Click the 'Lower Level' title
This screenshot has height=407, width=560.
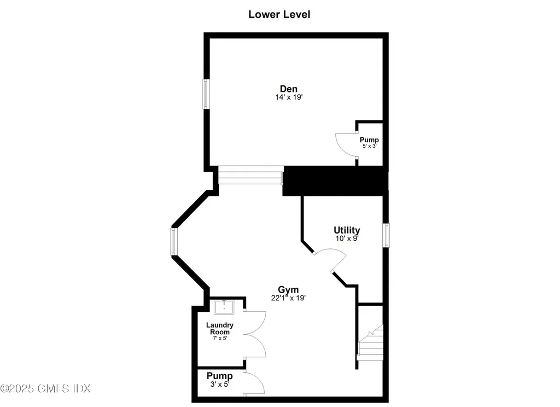click(279, 15)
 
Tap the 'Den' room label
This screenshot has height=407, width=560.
click(289, 89)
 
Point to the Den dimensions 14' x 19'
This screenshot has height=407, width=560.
click(289, 98)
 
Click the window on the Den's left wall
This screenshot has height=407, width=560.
click(206, 94)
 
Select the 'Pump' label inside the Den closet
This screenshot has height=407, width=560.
click(369, 140)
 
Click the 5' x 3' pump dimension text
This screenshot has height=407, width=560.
click(369, 147)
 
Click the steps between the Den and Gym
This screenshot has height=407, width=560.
click(250, 175)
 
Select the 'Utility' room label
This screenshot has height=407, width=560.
click(347, 230)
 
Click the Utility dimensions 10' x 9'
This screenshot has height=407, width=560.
click(347, 239)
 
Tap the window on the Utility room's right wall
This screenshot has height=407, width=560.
click(386, 235)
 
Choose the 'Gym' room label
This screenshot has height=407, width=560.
click(288, 289)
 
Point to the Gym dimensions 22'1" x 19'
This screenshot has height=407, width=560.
click(288, 298)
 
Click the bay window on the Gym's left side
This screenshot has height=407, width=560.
click(174, 242)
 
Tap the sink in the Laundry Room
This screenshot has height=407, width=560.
click(224, 307)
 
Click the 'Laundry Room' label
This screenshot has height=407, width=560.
click(219, 328)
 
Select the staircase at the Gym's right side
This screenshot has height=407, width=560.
click(371, 342)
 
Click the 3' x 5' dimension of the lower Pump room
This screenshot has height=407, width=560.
click(219, 384)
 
